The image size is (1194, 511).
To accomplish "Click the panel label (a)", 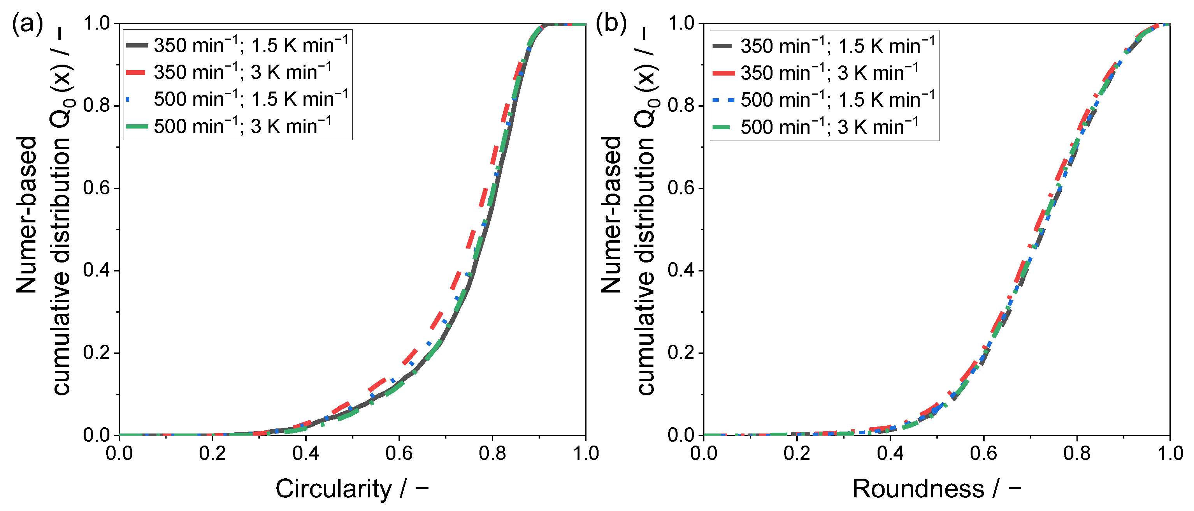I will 27,23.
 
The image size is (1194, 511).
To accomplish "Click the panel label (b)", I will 611,23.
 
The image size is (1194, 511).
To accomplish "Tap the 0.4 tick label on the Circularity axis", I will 306,453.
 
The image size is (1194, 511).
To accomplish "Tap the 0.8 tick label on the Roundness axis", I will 1077,453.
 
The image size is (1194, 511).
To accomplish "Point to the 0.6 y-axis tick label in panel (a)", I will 97,188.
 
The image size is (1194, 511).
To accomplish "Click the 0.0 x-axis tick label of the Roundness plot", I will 704,453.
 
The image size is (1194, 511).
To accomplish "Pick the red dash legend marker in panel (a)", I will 136,72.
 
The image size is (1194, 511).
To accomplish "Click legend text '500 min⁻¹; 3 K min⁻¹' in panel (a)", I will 243,126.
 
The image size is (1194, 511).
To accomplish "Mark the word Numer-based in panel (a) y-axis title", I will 26,215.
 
